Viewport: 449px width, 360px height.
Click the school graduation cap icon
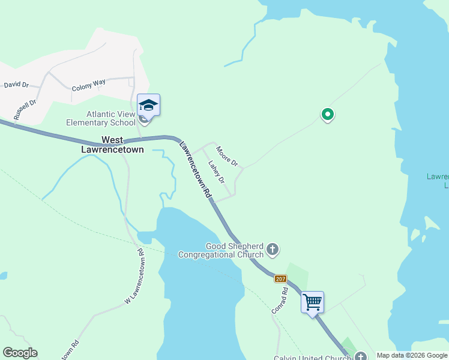click(148, 106)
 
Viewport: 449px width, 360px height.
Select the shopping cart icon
click(312, 302)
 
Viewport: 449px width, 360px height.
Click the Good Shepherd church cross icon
click(273, 249)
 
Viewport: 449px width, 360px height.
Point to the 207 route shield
click(281, 278)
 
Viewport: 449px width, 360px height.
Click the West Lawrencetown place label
click(113, 145)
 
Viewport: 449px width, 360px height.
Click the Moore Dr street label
click(228, 157)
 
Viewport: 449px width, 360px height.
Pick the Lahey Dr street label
click(216, 172)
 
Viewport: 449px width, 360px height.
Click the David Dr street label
click(16, 85)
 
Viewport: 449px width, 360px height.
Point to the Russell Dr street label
click(25, 110)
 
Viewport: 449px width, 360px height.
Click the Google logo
click(20, 353)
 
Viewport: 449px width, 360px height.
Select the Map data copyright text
click(411, 355)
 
